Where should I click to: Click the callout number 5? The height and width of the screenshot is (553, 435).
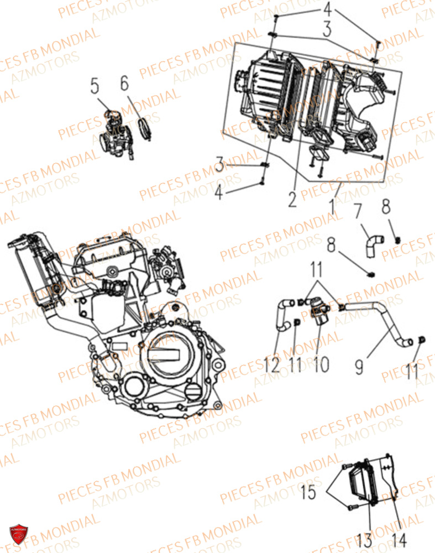[95, 86]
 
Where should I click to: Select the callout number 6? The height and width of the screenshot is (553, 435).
[124, 84]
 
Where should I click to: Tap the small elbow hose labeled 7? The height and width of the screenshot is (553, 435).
[371, 243]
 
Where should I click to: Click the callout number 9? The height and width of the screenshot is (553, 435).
[359, 366]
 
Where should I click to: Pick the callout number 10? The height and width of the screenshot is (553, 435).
[321, 365]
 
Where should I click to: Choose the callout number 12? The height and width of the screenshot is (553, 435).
[272, 365]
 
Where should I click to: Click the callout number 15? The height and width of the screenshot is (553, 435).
[310, 491]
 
